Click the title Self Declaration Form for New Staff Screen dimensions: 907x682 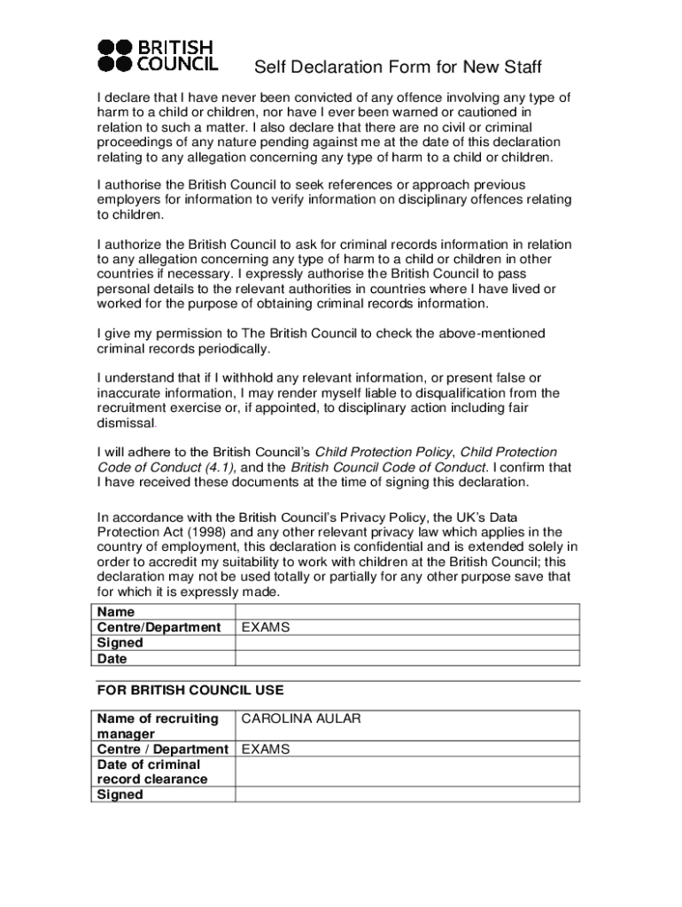tap(398, 68)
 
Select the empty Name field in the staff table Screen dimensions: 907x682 tap(407, 612)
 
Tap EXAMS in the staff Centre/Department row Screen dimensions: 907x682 tap(266, 627)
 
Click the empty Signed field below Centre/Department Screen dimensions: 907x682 tap(407, 643)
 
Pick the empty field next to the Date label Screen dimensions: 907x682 tap(407, 658)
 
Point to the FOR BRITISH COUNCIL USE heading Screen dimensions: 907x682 tap(190, 690)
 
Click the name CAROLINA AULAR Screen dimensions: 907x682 tap(301, 718)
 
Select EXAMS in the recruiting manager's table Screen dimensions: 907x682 tap(266, 749)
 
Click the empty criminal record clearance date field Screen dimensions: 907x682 tap(407, 771)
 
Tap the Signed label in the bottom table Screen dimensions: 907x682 tap(120, 795)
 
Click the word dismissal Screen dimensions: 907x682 tap(126, 423)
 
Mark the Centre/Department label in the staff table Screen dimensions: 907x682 tap(159, 627)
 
